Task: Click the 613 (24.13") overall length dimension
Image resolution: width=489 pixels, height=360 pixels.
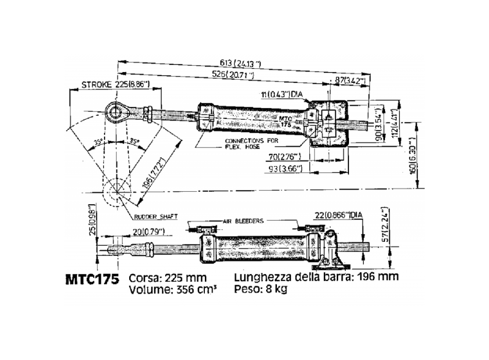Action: coord(240,64)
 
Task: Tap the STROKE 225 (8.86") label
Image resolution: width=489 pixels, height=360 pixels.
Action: coord(110,85)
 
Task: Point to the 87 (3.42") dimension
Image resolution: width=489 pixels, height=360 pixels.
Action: coord(350,81)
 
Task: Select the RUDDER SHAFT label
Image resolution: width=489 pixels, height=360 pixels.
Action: coord(152,217)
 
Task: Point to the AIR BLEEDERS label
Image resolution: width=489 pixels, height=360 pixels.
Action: coord(243,220)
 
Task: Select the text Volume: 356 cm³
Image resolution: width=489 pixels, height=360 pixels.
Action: coord(172,289)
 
